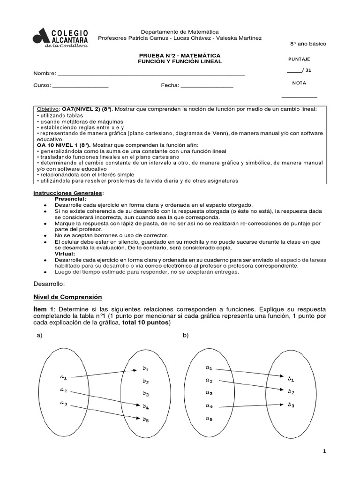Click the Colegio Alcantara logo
60,37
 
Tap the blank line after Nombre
150,74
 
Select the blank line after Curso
80,87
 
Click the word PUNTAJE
299,60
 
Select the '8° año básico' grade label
307,44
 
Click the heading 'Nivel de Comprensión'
67,297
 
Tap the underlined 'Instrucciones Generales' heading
67,193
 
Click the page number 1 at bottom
324,451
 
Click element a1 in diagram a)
63,376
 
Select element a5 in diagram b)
209,419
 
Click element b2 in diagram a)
146,381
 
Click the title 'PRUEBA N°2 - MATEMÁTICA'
177,55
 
